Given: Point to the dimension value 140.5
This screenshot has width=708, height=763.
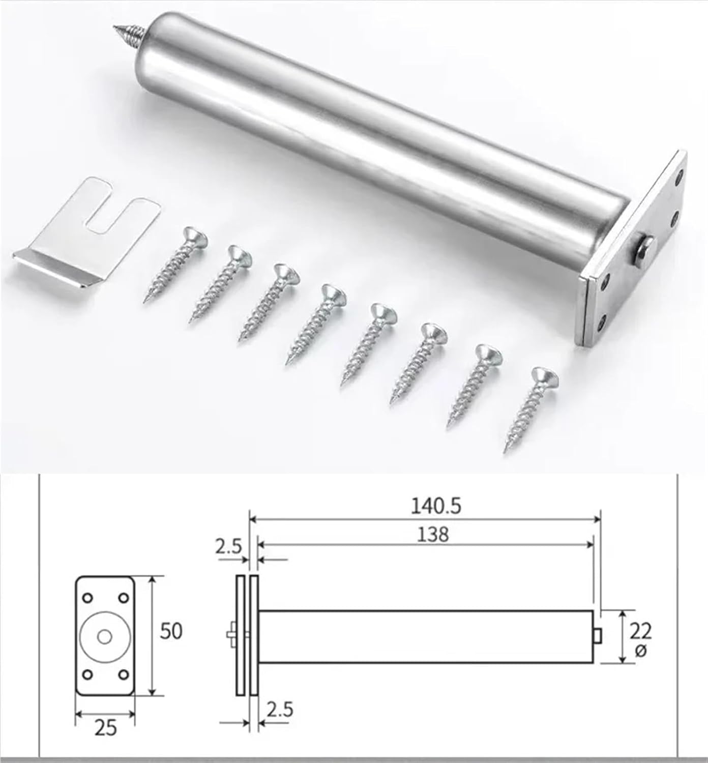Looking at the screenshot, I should tap(436, 506).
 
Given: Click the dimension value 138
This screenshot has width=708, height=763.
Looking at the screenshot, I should tap(433, 534).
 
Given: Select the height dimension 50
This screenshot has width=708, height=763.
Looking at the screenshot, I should tap(171, 631).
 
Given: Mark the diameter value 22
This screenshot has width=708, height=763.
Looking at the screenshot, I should tap(640, 631).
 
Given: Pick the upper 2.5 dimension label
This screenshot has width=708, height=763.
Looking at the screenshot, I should tap(228, 547).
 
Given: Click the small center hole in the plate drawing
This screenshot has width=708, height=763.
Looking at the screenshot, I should tap(105, 636).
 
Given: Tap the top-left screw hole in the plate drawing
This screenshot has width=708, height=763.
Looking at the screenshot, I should tap(87, 597).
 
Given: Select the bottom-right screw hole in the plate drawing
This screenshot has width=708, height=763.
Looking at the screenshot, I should tap(123, 674).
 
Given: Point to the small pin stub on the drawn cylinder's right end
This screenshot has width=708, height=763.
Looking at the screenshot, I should tap(598, 636).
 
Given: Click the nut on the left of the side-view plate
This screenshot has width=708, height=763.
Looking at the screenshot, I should tap(231, 635).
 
